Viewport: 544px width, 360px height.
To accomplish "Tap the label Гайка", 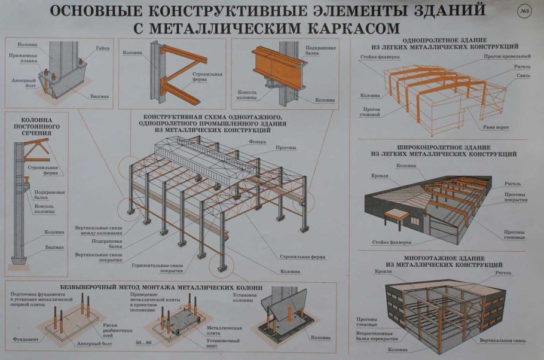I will pos(102,47).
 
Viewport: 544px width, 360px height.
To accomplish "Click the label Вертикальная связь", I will pos(503,341).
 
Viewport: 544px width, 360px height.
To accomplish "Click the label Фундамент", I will pos(24,339).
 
